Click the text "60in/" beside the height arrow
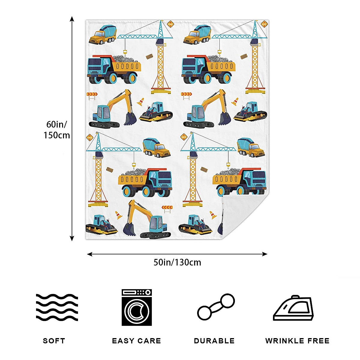57,124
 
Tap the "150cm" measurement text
57,135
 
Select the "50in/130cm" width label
177,262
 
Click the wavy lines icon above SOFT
57,307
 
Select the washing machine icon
137,307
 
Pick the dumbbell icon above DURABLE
216,307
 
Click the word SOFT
54,341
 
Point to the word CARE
150,341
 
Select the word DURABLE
214,341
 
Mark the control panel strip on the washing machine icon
137,292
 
